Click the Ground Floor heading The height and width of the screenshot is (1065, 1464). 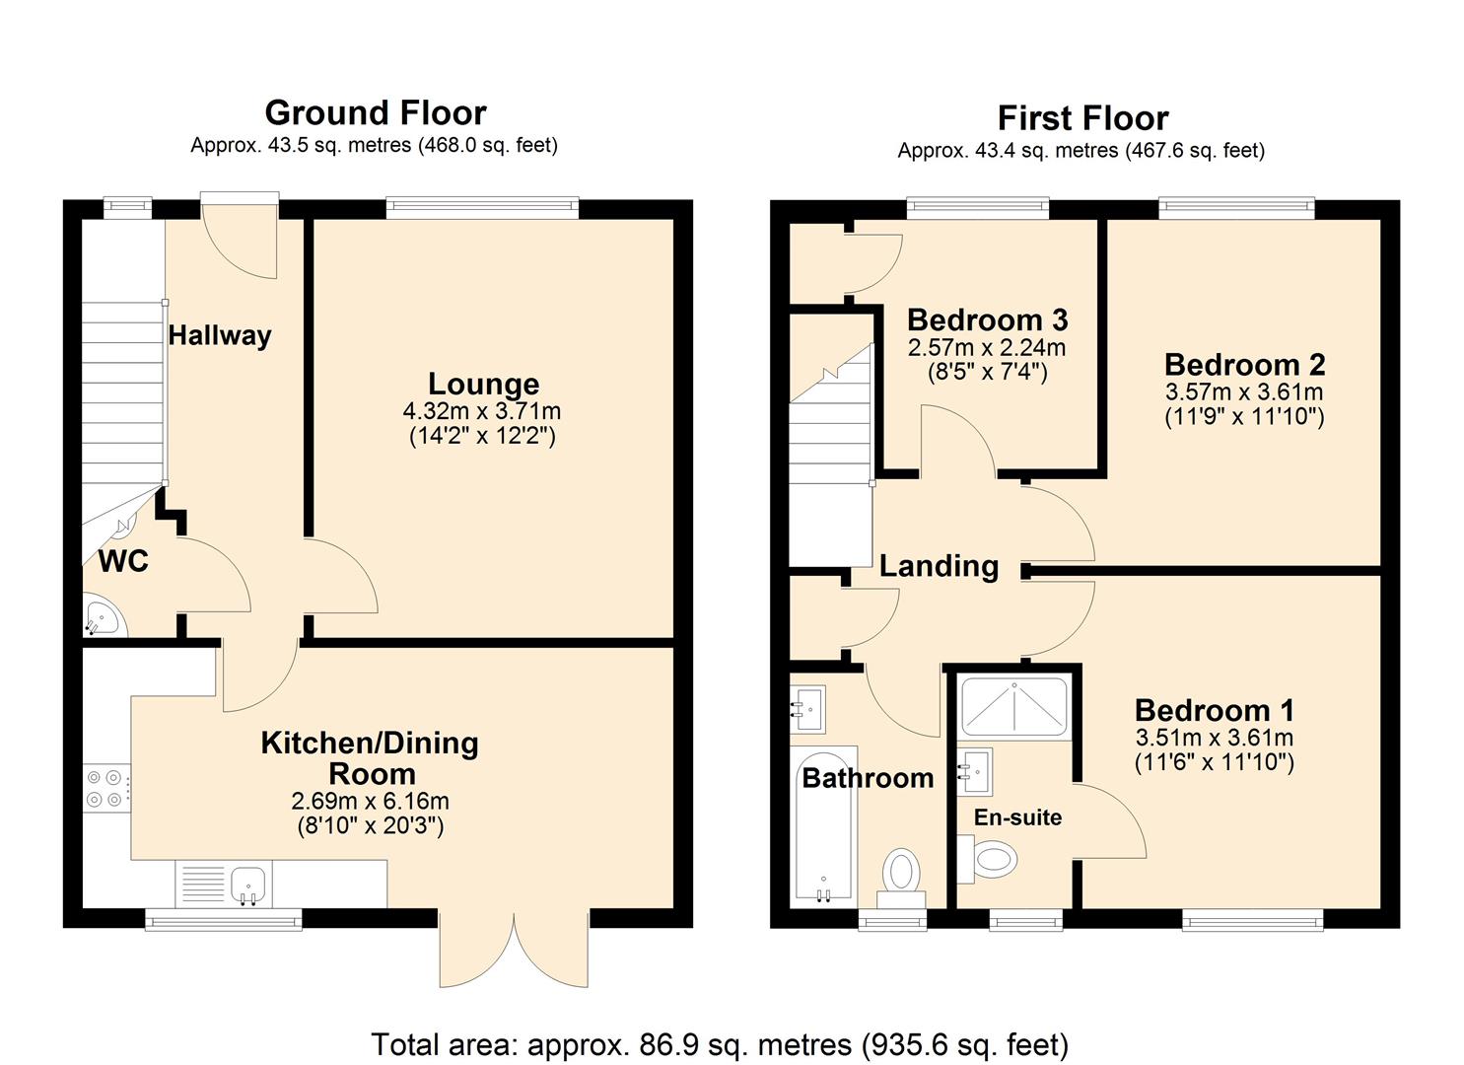point(375,112)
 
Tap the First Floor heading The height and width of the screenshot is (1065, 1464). point(1082,118)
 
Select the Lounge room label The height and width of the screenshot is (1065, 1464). point(483,384)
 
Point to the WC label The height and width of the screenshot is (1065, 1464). point(123,561)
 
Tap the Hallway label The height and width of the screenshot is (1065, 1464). point(219,335)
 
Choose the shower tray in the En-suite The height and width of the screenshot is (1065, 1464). point(1012,707)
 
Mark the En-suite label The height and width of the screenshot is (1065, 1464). point(1017,817)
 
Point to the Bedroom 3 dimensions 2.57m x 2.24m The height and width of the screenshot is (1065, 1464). point(986,348)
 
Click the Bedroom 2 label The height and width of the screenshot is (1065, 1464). point(1244,365)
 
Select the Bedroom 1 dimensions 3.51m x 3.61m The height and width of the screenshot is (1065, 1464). point(1214,738)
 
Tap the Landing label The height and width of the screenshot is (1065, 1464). point(939,566)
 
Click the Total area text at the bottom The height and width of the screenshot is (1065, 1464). point(720,1044)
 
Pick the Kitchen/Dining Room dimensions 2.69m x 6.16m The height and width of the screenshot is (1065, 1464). point(371,801)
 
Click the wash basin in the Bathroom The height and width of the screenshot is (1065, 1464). point(807,707)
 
